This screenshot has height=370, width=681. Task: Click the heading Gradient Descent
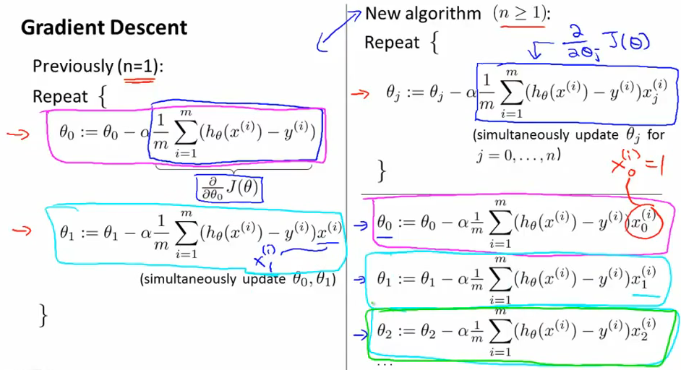click(104, 28)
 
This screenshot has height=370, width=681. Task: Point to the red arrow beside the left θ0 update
click(14, 134)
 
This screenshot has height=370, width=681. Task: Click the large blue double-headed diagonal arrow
click(337, 30)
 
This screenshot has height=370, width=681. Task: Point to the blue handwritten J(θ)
click(629, 44)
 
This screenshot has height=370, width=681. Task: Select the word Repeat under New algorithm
click(391, 43)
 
